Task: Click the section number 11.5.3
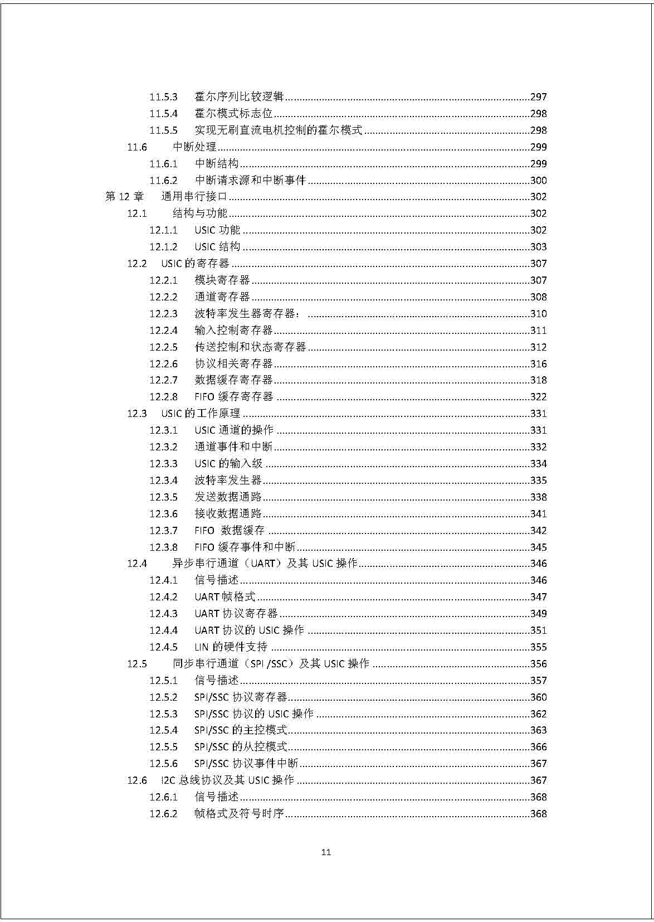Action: click(x=163, y=97)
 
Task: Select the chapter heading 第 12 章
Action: click(x=124, y=197)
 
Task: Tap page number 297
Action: click(x=538, y=97)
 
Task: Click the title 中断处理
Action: click(x=194, y=147)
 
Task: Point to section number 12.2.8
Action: click(x=163, y=397)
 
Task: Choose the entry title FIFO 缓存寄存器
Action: click(x=234, y=397)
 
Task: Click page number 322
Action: click(x=538, y=397)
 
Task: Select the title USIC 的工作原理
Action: click(x=201, y=414)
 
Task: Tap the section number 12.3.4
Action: click(x=163, y=481)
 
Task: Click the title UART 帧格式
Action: click(x=225, y=597)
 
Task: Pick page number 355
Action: click(x=538, y=647)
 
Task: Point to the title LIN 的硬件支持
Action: click(x=231, y=647)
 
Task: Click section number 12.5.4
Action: click(x=163, y=730)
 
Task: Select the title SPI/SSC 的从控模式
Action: click(x=241, y=747)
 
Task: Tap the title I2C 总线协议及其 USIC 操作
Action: click(x=227, y=780)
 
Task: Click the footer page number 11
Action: click(x=326, y=852)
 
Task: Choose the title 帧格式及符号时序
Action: click(x=240, y=814)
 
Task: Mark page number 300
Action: click(x=538, y=181)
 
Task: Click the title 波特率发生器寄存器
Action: click(x=247, y=314)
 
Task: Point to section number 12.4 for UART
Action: click(x=137, y=564)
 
